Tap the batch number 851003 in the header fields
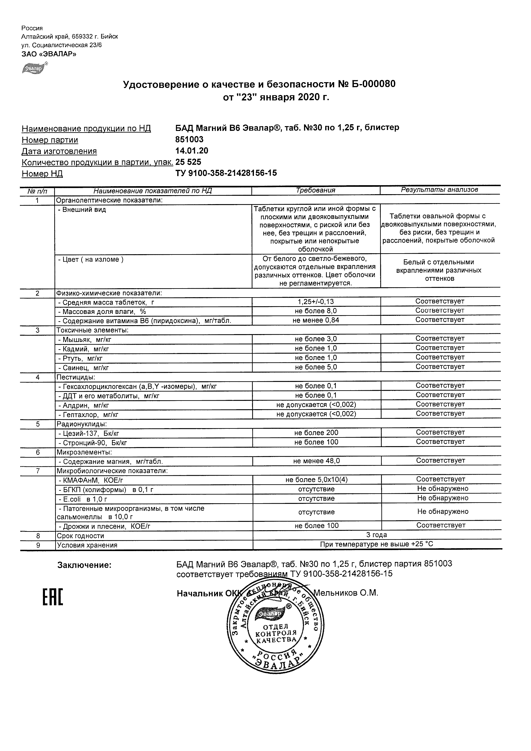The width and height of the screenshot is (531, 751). point(189,140)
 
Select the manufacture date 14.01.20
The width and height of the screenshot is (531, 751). point(192,151)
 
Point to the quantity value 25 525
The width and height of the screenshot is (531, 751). point(188,162)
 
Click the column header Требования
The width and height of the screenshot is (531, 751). point(315,190)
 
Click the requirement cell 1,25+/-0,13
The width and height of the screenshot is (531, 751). point(316,302)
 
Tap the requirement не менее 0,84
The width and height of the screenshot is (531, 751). point(316,320)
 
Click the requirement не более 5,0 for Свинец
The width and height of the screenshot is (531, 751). point(316,367)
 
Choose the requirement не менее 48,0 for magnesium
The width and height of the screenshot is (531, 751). point(316,461)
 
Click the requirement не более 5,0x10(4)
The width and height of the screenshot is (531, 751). point(316,480)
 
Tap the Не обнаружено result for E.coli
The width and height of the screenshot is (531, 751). point(443,498)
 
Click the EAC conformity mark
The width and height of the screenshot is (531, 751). point(53,597)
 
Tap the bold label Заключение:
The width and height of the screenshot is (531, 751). point(84,565)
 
